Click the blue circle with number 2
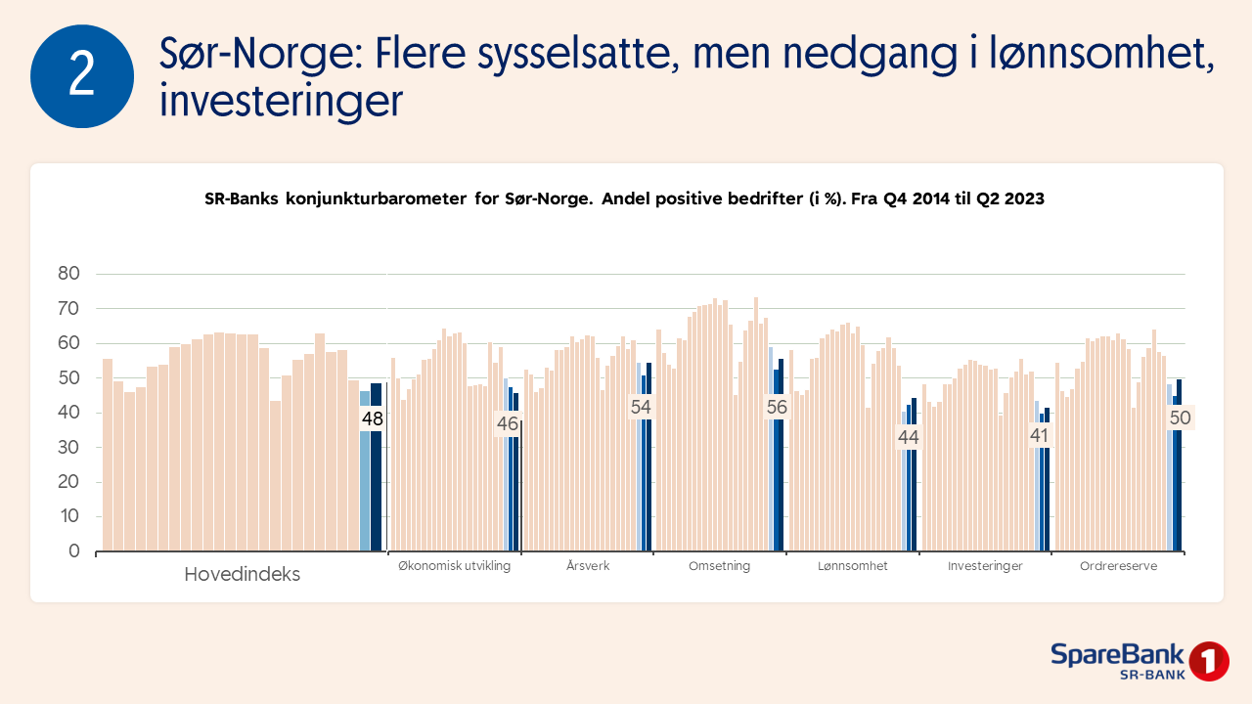(82, 76)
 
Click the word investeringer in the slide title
(281, 102)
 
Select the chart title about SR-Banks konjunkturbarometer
(624, 198)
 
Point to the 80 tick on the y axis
(67, 274)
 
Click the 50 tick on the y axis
(67, 378)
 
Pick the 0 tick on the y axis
(73, 551)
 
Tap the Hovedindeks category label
(242, 575)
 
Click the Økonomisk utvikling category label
(454, 566)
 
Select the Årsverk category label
(588, 566)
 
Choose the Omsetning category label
(719, 566)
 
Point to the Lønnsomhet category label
(853, 566)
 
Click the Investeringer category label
(985, 566)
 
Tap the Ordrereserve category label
(1118, 566)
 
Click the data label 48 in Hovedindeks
(372, 419)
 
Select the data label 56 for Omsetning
(777, 408)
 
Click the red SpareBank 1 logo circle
(1209, 661)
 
